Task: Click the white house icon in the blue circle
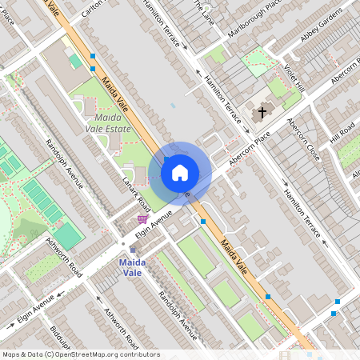pos(180,172)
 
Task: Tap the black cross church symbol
pos(262,114)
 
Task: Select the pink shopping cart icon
pos(142,218)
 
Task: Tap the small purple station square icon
pos(133,250)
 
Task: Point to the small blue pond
pos(172,106)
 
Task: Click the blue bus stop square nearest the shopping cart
pos(203,222)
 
